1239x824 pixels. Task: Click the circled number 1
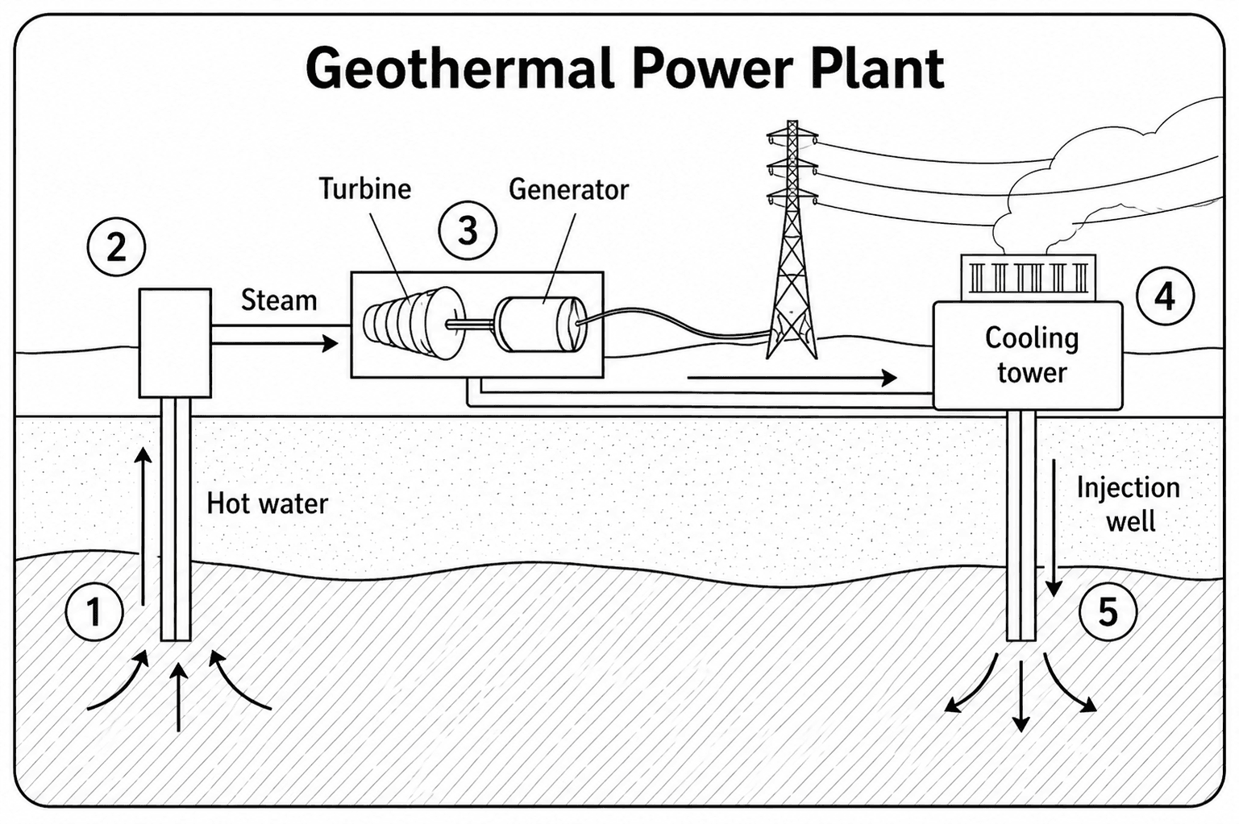click(x=94, y=612)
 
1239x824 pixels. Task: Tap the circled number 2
click(x=116, y=247)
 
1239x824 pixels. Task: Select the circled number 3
click(x=468, y=230)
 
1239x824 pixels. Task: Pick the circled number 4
click(x=1165, y=296)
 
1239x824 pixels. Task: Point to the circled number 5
click(x=1108, y=612)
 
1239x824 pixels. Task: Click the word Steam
click(x=279, y=300)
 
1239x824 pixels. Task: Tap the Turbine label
click(x=365, y=189)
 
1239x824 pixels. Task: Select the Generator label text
click(x=568, y=189)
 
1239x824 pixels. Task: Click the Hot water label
click(x=267, y=503)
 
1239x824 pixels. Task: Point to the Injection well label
click(x=1129, y=504)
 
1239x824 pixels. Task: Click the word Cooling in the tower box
click(x=1032, y=339)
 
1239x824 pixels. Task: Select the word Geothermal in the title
click(x=460, y=68)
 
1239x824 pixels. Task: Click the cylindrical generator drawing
click(x=538, y=325)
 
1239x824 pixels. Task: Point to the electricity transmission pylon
click(x=792, y=240)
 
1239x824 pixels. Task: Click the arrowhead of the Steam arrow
click(x=331, y=344)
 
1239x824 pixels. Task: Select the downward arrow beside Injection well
click(x=1054, y=528)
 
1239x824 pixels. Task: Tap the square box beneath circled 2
click(x=175, y=342)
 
